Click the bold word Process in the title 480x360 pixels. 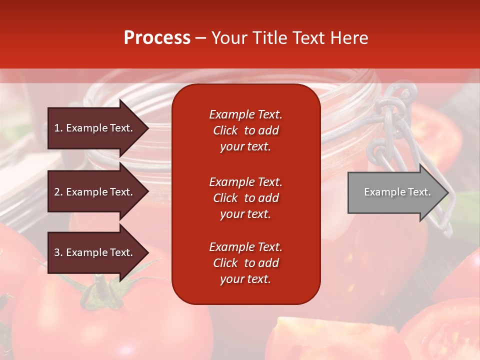tap(157, 38)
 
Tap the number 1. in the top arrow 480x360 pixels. tap(58, 128)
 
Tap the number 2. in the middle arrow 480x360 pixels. tap(58, 192)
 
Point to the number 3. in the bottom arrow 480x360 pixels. tap(58, 252)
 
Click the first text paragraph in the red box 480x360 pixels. tap(245, 130)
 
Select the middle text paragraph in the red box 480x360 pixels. tap(245, 198)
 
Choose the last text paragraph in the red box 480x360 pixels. tap(245, 263)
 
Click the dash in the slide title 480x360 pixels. tap(200, 38)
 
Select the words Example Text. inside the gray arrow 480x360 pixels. tap(397, 192)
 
